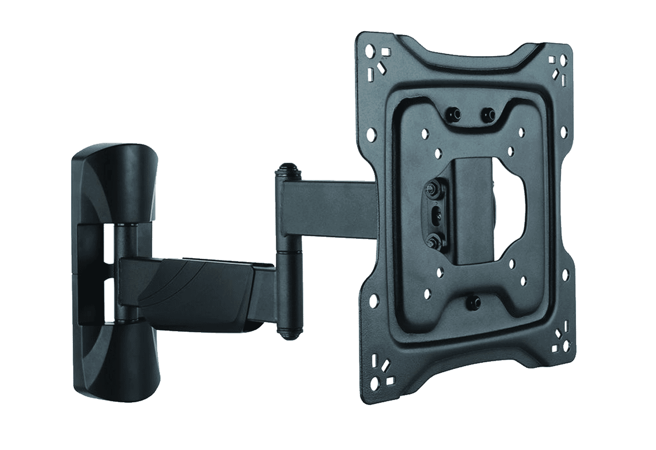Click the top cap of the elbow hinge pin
[x=287, y=167]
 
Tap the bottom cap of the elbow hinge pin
[x=288, y=332]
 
